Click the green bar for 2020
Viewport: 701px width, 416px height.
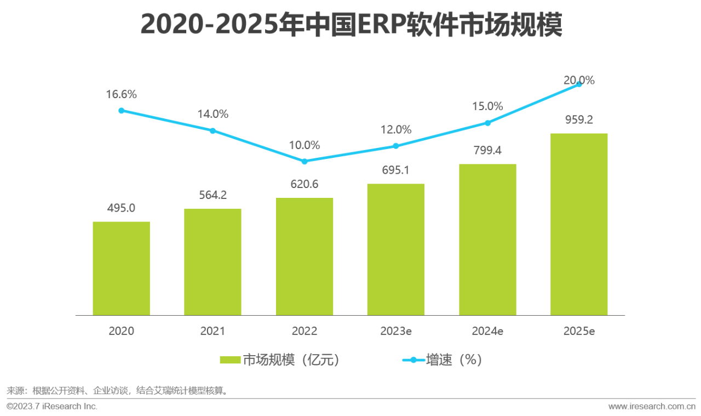pos(121,269)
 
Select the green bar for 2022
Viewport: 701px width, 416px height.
pos(304,257)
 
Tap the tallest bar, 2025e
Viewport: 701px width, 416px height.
pos(579,224)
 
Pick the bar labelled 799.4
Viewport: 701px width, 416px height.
pos(487,240)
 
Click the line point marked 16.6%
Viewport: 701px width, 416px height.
pos(122,110)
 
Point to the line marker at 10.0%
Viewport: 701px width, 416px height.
pos(304,161)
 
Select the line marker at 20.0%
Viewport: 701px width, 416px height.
pos(579,84)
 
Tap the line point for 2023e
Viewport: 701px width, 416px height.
pos(396,146)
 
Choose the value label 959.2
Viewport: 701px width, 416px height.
pos(579,120)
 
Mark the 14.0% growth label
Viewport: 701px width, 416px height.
pos(212,114)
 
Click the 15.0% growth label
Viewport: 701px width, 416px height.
pos(487,106)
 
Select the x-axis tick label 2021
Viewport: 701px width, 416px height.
pos(212,331)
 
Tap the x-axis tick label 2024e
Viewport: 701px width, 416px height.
pos(487,331)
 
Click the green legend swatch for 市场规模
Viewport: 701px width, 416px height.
pos(230,360)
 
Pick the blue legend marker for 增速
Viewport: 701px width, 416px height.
pos(413,360)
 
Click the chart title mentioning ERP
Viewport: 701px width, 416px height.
pos(351,25)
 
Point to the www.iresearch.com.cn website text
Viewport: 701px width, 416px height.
pos(652,406)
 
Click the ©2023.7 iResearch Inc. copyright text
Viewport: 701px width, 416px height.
pos(52,406)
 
